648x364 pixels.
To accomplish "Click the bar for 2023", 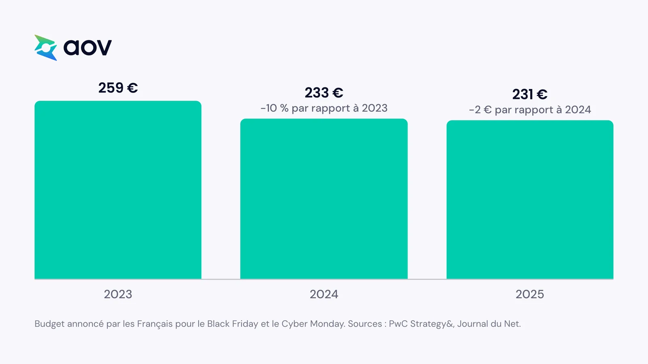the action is (x=118, y=190).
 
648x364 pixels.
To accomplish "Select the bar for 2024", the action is (x=324, y=199).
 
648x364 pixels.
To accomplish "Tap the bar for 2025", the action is (x=530, y=200).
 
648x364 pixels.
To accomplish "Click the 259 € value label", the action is (x=118, y=88).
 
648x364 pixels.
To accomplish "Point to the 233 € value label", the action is (x=324, y=93).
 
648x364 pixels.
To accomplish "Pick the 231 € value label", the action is (x=530, y=94).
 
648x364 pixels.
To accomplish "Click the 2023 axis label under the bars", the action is (x=118, y=294).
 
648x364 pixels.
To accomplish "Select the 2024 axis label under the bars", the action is (x=324, y=294).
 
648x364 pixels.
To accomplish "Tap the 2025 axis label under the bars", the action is (x=530, y=294).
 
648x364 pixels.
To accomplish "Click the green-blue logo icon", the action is (x=45, y=48).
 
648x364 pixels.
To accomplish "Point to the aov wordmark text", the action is (x=87, y=47).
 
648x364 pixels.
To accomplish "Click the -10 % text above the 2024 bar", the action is (x=275, y=108).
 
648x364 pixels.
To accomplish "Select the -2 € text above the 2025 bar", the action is (x=480, y=110).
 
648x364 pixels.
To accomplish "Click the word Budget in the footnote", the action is (x=49, y=324).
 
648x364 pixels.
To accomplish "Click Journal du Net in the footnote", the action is (x=489, y=324).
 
